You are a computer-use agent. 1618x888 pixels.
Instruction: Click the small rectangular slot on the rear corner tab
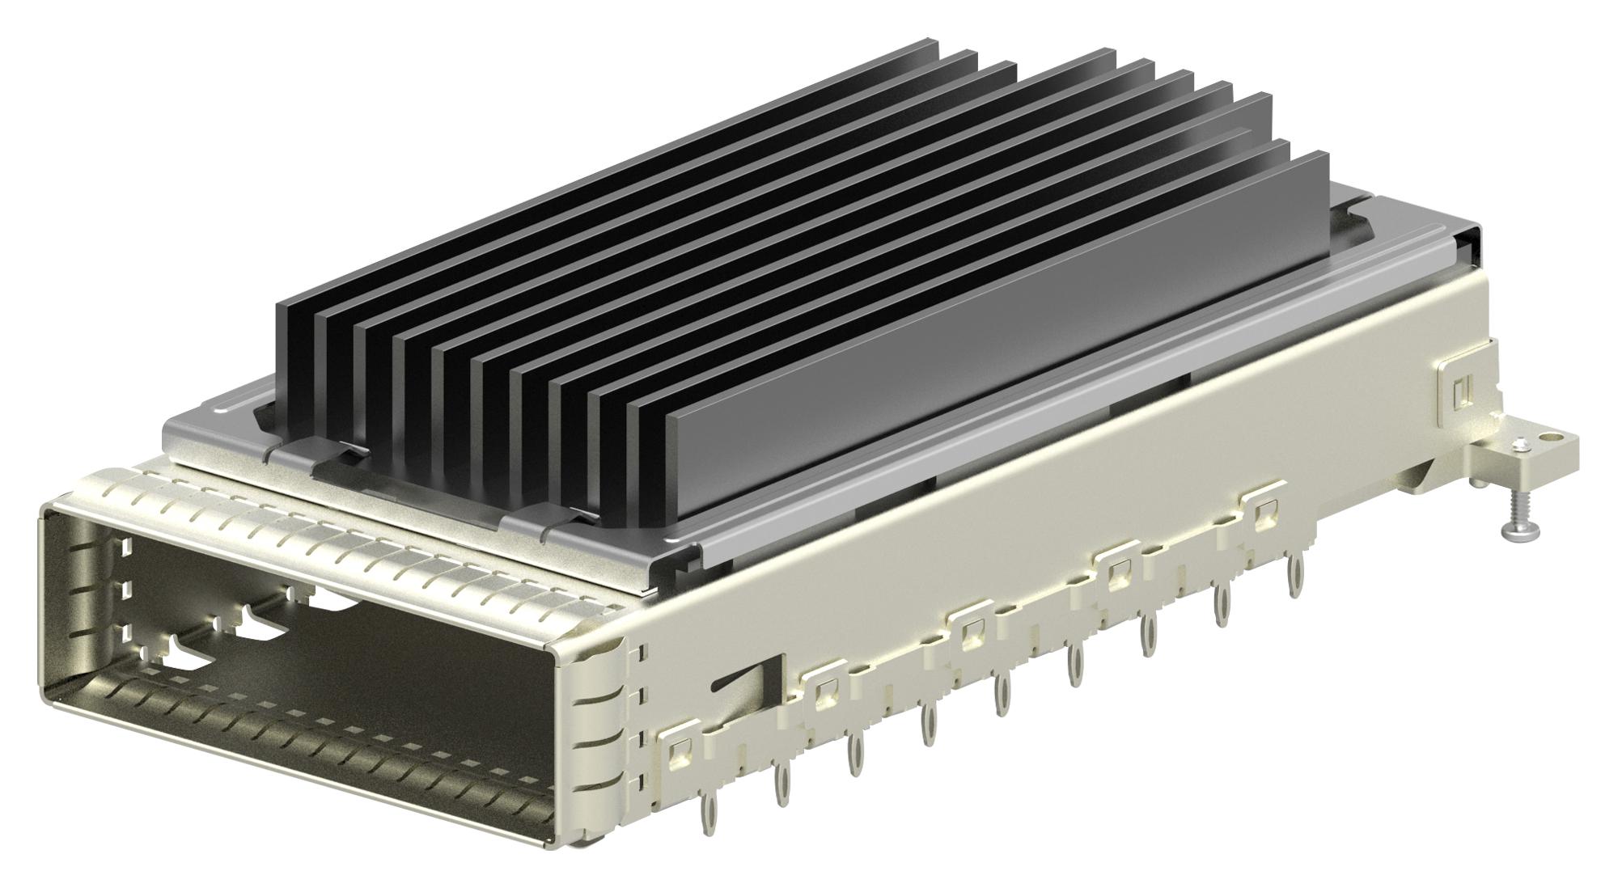click(x=1460, y=391)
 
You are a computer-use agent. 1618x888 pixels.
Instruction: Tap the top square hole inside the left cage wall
click(x=125, y=548)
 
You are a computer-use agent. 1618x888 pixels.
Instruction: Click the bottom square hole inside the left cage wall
click(x=125, y=632)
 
